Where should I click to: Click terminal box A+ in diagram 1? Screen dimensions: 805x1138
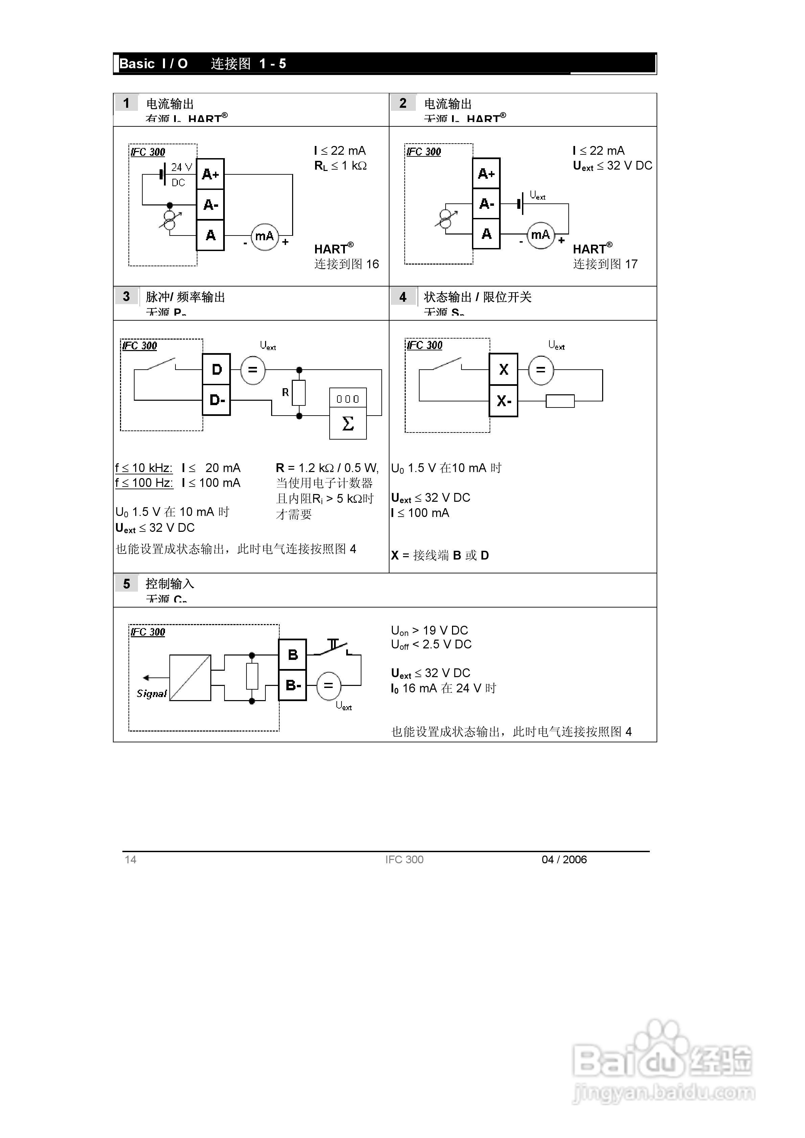point(210,174)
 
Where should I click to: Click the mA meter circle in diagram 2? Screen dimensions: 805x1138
point(540,235)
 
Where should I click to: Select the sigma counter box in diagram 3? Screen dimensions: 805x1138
point(348,423)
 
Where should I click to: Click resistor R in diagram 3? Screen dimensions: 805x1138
point(299,393)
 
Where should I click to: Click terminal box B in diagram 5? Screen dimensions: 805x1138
point(293,655)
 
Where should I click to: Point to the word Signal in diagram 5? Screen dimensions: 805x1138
point(151,693)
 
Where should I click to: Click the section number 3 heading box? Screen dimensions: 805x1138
point(126,296)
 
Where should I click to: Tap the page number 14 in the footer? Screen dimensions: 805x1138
point(131,860)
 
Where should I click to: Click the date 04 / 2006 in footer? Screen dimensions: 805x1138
point(564,860)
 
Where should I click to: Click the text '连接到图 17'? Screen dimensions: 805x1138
point(605,264)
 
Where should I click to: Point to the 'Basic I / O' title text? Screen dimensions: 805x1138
point(154,64)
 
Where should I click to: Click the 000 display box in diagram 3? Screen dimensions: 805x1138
point(348,398)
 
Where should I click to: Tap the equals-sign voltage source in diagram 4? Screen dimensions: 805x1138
point(541,370)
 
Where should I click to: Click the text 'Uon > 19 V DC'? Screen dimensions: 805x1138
point(429,630)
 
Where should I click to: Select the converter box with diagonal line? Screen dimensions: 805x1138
point(190,677)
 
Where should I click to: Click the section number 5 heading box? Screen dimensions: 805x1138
point(126,584)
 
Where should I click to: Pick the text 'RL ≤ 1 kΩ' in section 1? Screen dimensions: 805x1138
point(341,166)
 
